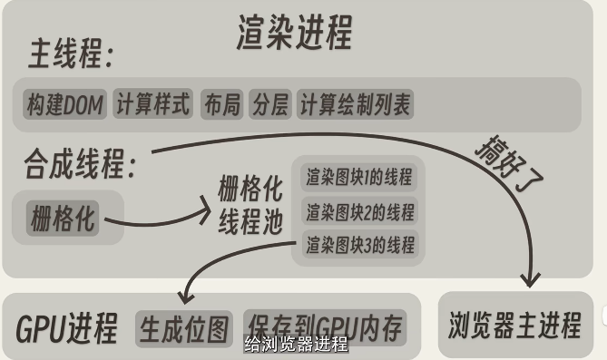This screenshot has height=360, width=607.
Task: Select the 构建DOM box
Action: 64,105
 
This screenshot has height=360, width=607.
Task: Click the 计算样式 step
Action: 153,105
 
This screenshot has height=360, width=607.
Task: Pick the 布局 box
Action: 221,105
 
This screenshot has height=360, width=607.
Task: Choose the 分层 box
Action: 269,105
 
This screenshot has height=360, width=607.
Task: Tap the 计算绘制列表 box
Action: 355,105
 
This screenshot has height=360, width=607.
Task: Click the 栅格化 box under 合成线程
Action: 64,218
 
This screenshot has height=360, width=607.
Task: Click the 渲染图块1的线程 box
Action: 359,178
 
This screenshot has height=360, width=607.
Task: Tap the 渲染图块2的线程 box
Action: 359,213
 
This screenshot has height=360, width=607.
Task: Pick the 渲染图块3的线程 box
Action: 359,244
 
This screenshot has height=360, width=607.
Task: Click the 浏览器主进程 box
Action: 514,324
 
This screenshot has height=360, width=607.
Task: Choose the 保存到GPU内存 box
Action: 324,327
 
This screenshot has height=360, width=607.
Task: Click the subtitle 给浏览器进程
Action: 296,345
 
